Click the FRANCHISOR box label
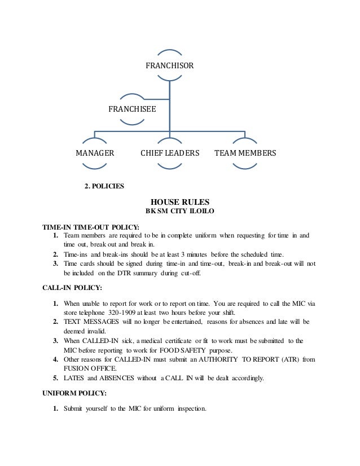(170, 66)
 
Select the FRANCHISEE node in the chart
(132, 107)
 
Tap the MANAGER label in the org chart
(95, 153)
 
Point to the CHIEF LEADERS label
(170, 153)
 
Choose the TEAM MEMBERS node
(245, 153)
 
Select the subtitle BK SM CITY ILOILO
(180, 213)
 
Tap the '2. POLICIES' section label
(104, 186)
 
